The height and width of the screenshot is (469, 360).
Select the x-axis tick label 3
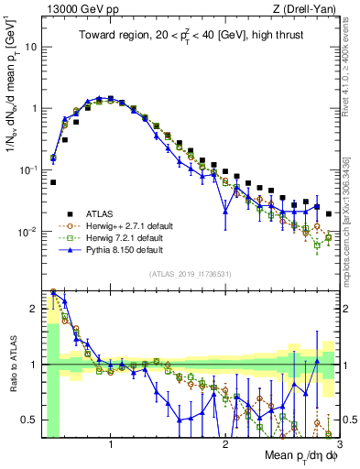[338, 444]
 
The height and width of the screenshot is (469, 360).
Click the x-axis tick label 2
[225, 444]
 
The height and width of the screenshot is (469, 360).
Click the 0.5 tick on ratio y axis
[30, 420]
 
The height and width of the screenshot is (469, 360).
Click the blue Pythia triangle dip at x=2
[225, 213]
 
